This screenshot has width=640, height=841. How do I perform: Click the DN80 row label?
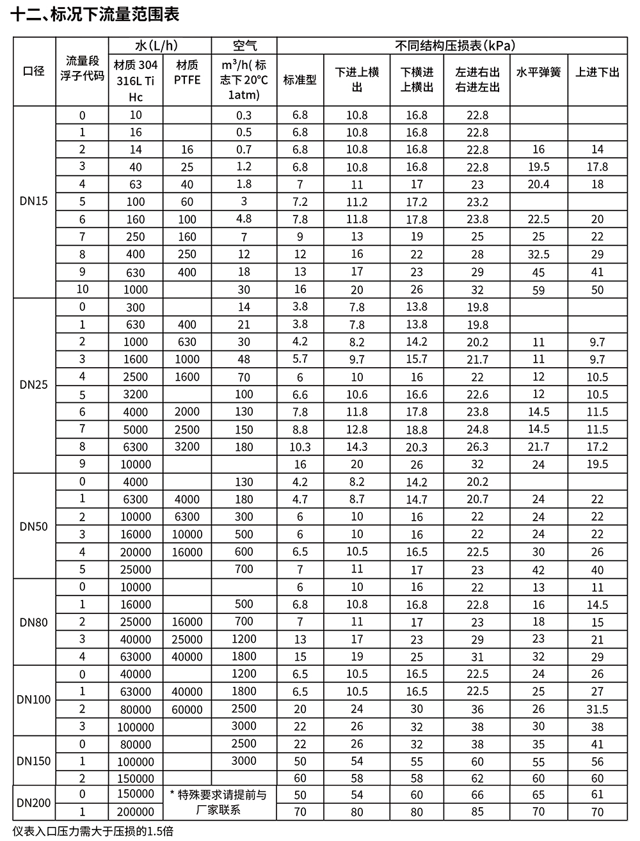(x=34, y=622)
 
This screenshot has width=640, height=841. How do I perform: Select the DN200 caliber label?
(x=34, y=803)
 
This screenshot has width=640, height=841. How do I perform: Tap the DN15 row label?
(x=34, y=201)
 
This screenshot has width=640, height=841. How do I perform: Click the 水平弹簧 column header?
(x=538, y=72)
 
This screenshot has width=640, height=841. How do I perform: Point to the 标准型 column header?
(x=300, y=80)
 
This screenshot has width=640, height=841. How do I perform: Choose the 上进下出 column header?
(x=597, y=72)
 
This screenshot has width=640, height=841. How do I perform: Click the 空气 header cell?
(x=244, y=45)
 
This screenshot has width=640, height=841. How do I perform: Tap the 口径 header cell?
(x=34, y=71)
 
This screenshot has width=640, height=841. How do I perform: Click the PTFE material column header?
(x=187, y=72)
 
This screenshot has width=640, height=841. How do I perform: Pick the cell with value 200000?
(x=136, y=812)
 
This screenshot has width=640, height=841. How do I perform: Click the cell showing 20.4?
(x=538, y=184)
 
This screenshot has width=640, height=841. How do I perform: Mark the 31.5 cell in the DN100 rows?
(x=597, y=709)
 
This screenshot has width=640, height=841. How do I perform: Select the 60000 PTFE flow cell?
(x=187, y=709)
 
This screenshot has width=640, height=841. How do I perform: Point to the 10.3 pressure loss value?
(x=300, y=447)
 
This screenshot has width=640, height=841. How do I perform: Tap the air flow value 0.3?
(x=244, y=115)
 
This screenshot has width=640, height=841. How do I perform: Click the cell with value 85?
(x=477, y=812)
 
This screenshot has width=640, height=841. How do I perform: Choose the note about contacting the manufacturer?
(x=218, y=803)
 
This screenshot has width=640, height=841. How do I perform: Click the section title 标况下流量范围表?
(x=96, y=13)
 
